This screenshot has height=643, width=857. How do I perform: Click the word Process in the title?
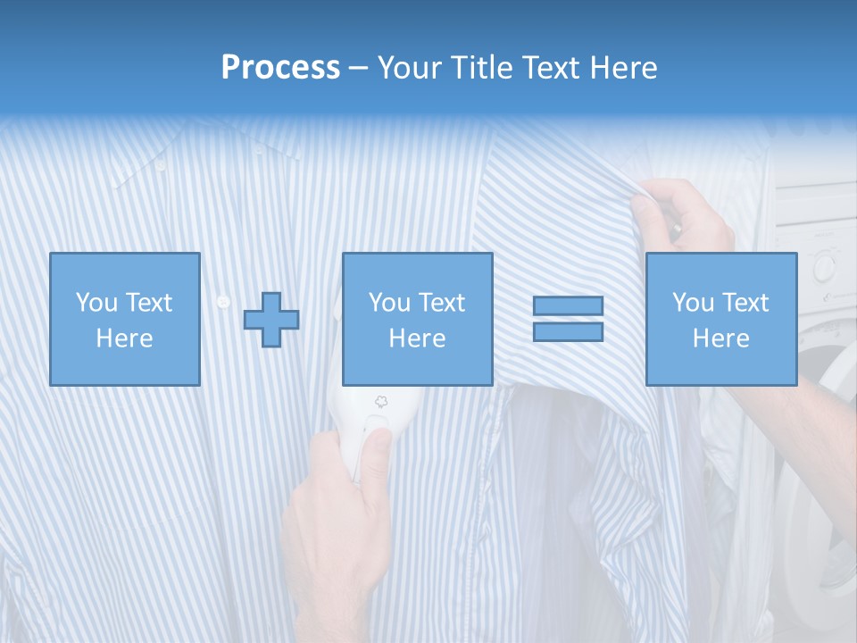click(x=280, y=68)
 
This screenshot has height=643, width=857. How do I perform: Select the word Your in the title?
click(x=408, y=68)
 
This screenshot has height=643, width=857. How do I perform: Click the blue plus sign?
click(x=271, y=319)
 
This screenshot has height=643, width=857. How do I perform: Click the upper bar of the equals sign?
click(x=568, y=305)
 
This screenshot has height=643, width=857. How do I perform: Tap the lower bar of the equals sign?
click(x=568, y=331)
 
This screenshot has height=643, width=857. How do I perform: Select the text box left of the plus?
click(x=124, y=319)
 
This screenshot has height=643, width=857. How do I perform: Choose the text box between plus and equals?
click(x=417, y=319)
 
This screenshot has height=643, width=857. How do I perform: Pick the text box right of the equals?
click(x=720, y=319)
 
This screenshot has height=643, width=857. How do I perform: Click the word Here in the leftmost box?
click(x=124, y=338)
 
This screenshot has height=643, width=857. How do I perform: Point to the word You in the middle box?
click(x=388, y=303)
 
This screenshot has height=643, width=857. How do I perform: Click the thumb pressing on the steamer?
click(x=374, y=443)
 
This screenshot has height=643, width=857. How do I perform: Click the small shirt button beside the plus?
click(x=223, y=302)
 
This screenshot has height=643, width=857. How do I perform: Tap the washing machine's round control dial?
click(x=822, y=266)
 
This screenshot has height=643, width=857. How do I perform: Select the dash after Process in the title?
click(x=359, y=68)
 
